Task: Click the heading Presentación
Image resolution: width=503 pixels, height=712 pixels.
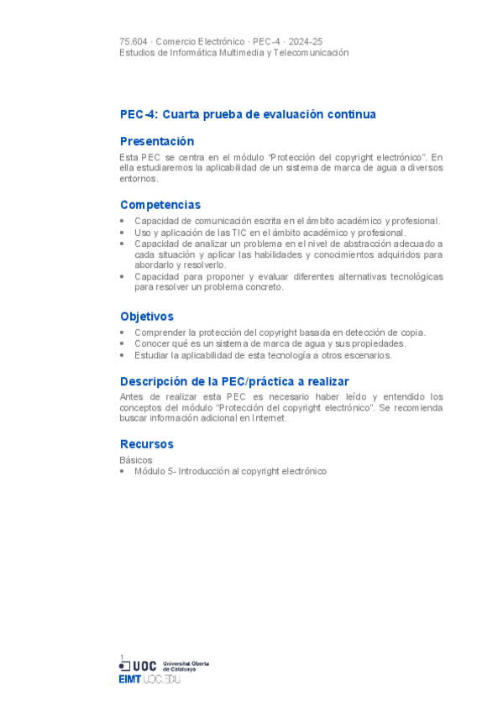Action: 157,141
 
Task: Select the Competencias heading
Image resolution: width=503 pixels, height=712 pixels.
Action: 160,205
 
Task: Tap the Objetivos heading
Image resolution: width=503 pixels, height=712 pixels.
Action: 147,317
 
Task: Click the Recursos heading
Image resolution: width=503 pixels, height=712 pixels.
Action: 147,443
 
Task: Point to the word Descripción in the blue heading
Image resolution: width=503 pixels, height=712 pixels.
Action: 152,381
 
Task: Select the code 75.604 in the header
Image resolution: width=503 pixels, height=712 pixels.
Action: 134,41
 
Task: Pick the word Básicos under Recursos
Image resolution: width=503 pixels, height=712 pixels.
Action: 136,460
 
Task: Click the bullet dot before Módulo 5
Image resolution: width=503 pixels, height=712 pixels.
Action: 123,472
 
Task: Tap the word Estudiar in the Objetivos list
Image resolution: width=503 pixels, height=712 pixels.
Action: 151,355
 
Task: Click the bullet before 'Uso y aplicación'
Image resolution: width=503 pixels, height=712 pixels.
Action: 123,233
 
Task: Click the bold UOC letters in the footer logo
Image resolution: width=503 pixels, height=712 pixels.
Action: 144,666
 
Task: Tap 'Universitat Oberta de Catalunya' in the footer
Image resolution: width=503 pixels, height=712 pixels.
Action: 186,666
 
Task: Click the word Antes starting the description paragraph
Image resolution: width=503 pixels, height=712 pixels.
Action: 132,396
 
